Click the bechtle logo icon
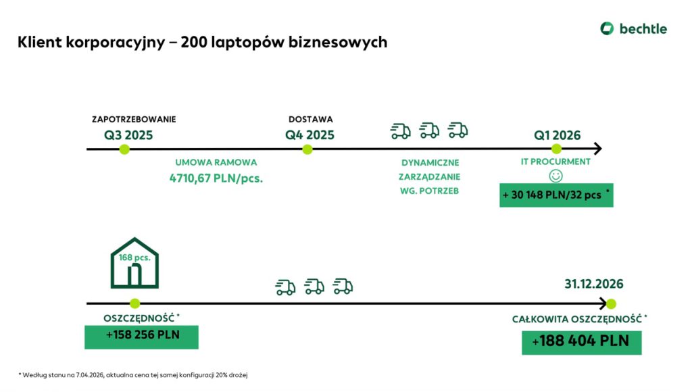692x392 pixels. [607, 28]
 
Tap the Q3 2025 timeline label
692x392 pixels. [128, 134]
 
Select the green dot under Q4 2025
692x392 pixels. [307, 149]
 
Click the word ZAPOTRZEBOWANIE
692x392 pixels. [134, 119]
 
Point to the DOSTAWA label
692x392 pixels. [310, 119]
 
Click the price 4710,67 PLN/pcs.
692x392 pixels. [216, 178]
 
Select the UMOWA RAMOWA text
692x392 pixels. [216, 163]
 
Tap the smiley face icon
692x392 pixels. [555, 175]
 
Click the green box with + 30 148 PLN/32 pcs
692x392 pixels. [556, 195]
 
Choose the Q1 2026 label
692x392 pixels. [558, 135]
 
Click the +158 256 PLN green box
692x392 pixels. [141, 337]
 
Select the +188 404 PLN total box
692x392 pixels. [581, 341]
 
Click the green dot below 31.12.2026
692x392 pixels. [611, 304]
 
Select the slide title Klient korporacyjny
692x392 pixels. [203, 42]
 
